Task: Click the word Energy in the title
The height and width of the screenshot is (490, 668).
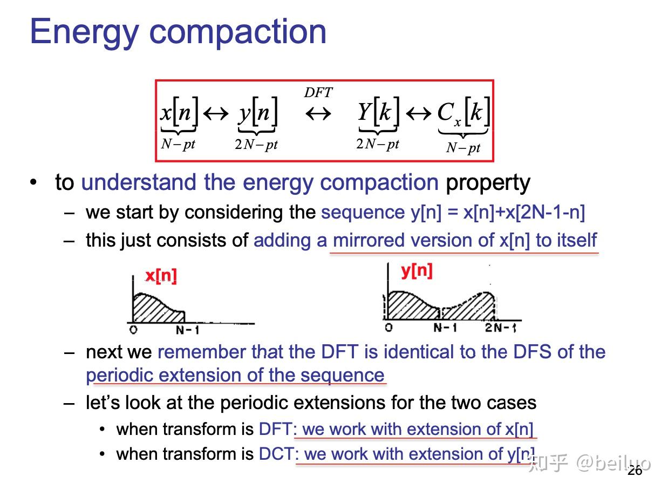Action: [x=85, y=32]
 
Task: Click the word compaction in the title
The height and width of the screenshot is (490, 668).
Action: [x=237, y=32]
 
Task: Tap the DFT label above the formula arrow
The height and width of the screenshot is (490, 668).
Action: [x=318, y=92]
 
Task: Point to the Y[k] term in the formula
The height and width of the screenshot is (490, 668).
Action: [x=378, y=112]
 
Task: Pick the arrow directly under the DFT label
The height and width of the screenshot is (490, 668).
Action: [x=318, y=114]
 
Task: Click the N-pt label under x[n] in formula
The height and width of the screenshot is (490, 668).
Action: [x=178, y=144]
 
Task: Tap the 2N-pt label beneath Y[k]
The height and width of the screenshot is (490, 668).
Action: [x=378, y=144]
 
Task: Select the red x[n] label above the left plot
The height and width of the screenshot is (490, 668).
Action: [x=161, y=276]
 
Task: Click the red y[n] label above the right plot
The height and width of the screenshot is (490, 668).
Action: [x=417, y=271]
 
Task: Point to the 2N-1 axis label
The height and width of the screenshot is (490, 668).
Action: [x=500, y=328]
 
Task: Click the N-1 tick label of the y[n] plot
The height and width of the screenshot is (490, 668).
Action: [x=445, y=328]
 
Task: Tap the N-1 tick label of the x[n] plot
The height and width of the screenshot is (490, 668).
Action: [x=187, y=330]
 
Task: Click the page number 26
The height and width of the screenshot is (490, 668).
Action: [x=635, y=471]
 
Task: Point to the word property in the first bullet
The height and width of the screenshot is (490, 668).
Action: [x=488, y=183]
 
